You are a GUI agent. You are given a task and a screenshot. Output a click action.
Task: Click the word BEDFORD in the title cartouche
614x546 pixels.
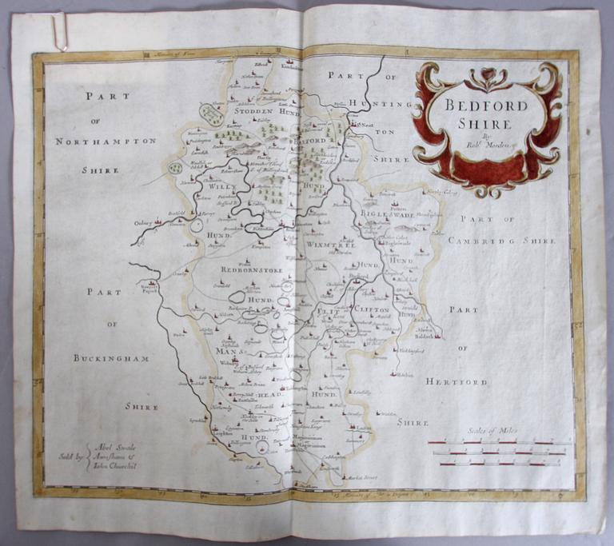pyautogui.click(x=480, y=105)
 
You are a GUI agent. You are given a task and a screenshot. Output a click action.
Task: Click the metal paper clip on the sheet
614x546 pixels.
pyautogui.click(x=58, y=32)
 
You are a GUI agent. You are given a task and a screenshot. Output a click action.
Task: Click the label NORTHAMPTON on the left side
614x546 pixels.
pyautogui.click(x=106, y=141)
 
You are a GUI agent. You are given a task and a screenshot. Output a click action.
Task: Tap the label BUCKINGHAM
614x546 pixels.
pyautogui.click(x=111, y=358)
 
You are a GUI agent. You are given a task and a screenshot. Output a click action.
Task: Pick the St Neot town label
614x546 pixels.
pyautogui.click(x=365, y=126)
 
